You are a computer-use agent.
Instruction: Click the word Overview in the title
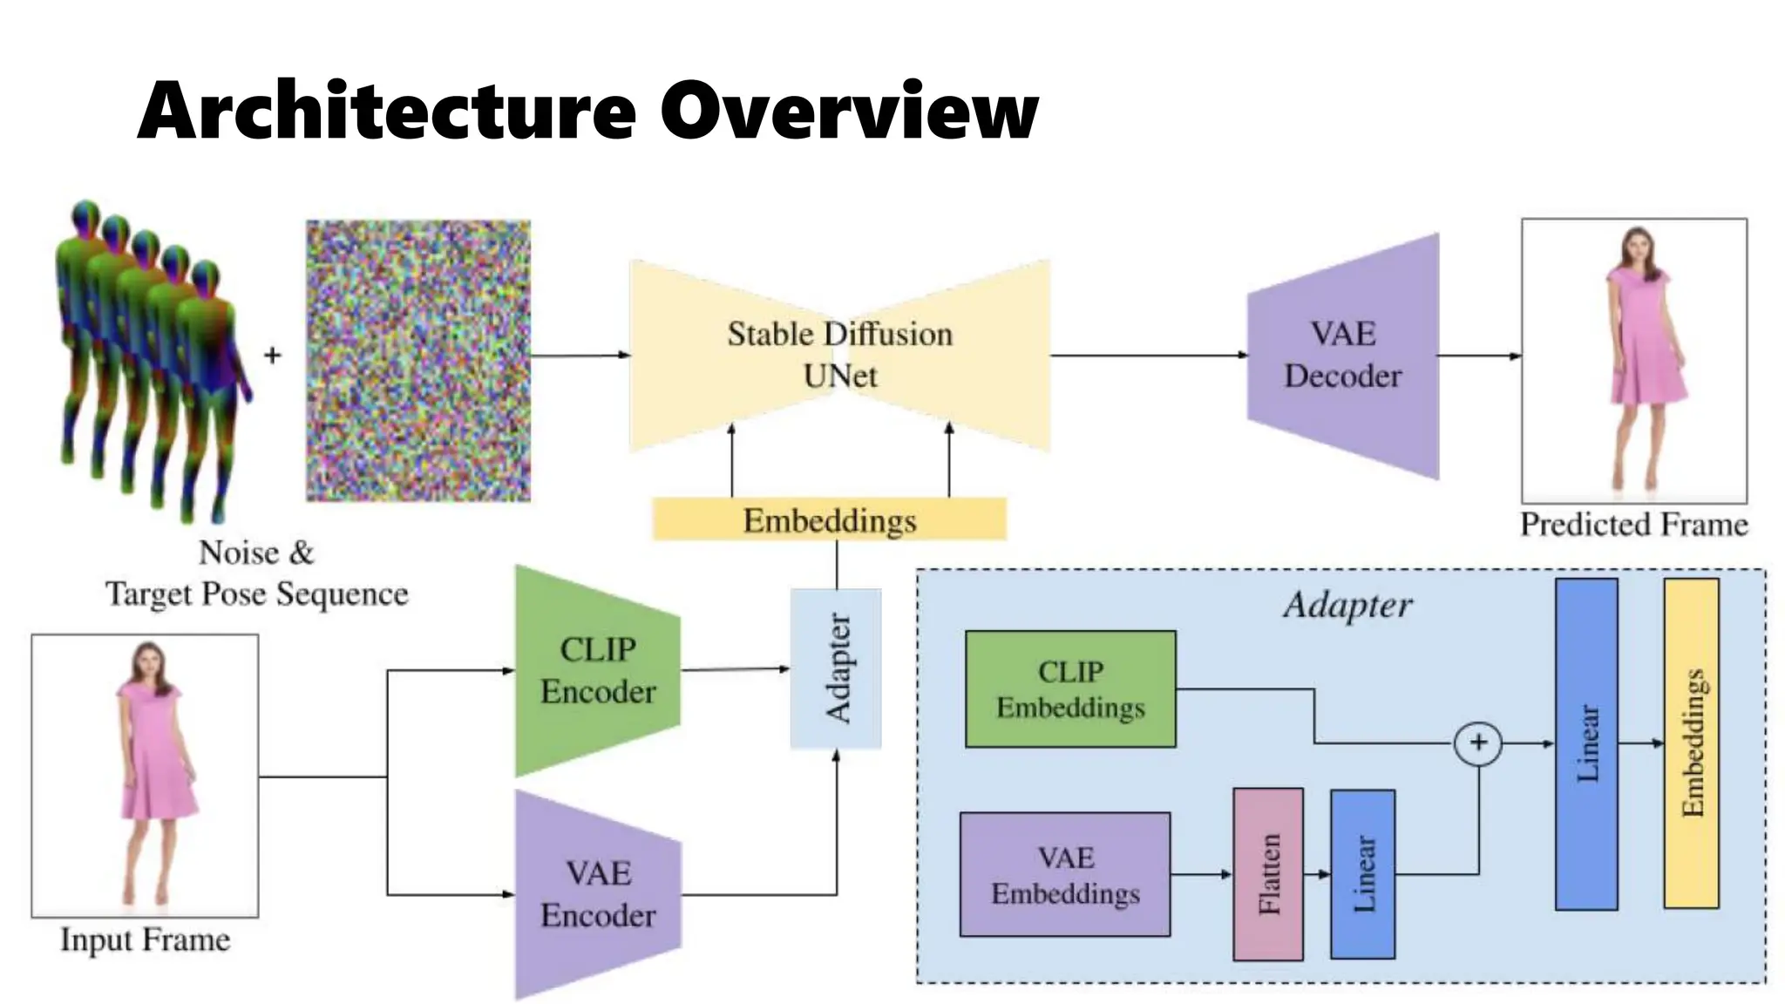pyautogui.click(x=849, y=111)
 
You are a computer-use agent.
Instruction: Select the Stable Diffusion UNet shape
pyautogui.click(x=839, y=355)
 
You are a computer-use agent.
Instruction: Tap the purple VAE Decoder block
pyautogui.click(x=1343, y=356)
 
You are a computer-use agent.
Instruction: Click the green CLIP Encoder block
pyautogui.click(x=597, y=670)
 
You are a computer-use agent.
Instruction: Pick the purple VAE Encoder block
pyautogui.click(x=597, y=894)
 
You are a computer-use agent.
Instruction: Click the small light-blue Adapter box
pyautogui.click(x=836, y=668)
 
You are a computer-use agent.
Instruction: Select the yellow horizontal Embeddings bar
pyautogui.click(x=829, y=520)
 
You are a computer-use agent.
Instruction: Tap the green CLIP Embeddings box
pyautogui.click(x=1070, y=689)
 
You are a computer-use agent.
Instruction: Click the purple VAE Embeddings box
pyautogui.click(x=1065, y=875)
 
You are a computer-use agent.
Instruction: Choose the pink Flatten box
pyautogui.click(x=1268, y=874)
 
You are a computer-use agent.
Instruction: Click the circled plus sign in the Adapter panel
pyautogui.click(x=1478, y=743)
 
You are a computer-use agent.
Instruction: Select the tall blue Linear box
pyautogui.click(x=1586, y=743)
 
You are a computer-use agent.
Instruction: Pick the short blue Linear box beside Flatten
pyautogui.click(x=1362, y=874)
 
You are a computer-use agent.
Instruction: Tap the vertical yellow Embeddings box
pyautogui.click(x=1691, y=743)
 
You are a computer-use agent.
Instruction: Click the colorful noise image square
pyautogui.click(x=418, y=361)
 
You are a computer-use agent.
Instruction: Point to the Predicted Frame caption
pyautogui.click(x=1634, y=525)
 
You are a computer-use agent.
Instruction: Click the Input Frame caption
pyautogui.click(x=146, y=940)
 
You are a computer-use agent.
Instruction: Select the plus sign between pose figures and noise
pyautogui.click(x=273, y=356)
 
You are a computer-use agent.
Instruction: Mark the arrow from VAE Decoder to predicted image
pyautogui.click(x=1479, y=356)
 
